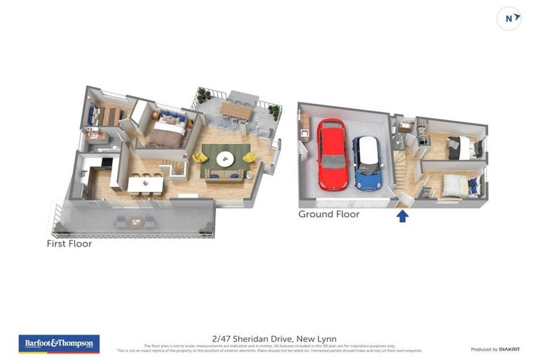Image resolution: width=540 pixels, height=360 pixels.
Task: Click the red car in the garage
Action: pyautogui.click(x=333, y=154)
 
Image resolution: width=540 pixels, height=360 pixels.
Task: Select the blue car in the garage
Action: pyautogui.click(x=366, y=162)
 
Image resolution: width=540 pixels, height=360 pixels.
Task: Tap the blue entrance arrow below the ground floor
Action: pyautogui.click(x=402, y=216)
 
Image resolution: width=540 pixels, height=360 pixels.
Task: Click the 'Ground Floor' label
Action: pyautogui.click(x=328, y=214)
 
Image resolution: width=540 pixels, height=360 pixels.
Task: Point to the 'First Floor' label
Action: pyautogui.click(x=69, y=244)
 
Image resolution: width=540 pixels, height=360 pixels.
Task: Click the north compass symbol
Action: pyautogui.click(x=509, y=18)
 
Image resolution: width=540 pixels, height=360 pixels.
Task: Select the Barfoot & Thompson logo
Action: pyautogui.click(x=59, y=343)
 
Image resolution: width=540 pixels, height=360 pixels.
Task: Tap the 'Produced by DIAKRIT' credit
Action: pyautogui.click(x=494, y=349)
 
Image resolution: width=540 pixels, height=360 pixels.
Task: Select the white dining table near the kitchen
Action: pyautogui.click(x=145, y=184)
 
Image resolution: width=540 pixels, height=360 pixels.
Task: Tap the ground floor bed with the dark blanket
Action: pyautogui.click(x=461, y=148)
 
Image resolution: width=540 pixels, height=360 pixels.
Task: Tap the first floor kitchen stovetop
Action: pyautogui.click(x=105, y=162)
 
